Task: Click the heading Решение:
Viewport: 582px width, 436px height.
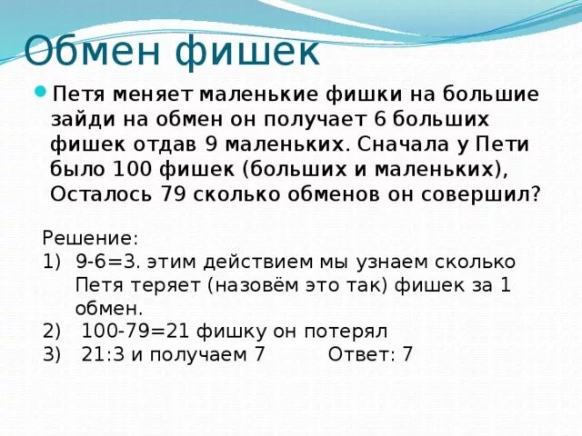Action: click(x=90, y=238)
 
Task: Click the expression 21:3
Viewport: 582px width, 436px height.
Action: click(x=103, y=354)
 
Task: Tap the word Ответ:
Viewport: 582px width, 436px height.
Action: click(x=356, y=354)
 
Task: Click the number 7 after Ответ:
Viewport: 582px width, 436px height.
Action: click(x=406, y=354)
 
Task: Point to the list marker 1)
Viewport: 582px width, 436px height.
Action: click(x=51, y=263)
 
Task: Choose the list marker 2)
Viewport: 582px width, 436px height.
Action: click(x=51, y=331)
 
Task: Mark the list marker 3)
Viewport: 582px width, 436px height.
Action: click(x=51, y=354)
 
